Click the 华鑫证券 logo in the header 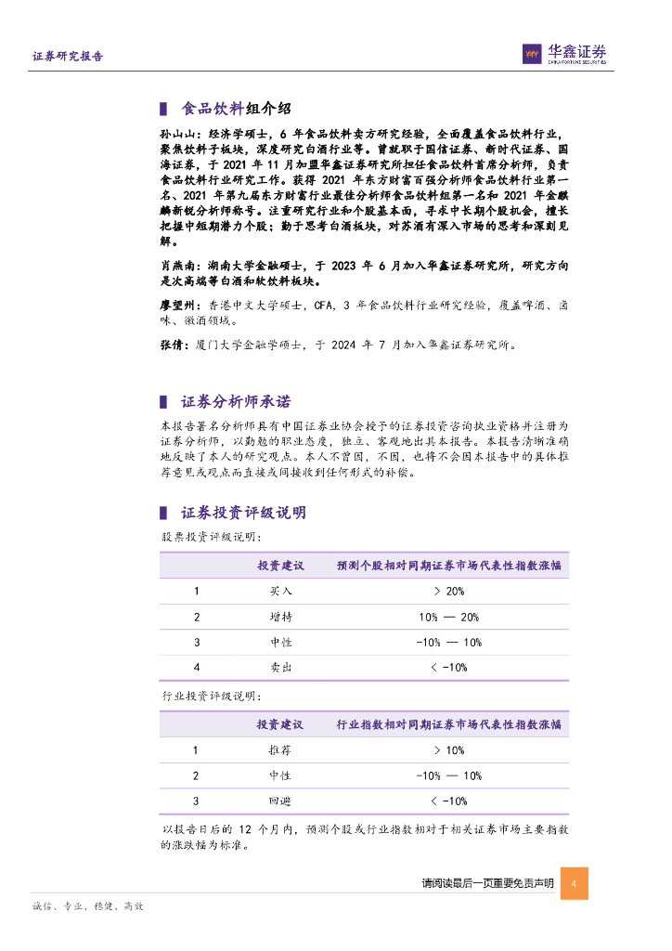coord(563,55)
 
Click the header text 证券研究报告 coord(68,56)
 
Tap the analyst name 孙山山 coord(176,135)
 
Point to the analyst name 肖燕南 coord(176,266)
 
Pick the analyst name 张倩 coord(170,345)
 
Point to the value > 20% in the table coord(448,591)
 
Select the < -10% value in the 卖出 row coord(448,667)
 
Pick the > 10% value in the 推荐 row coord(448,749)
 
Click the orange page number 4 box coord(575,883)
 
